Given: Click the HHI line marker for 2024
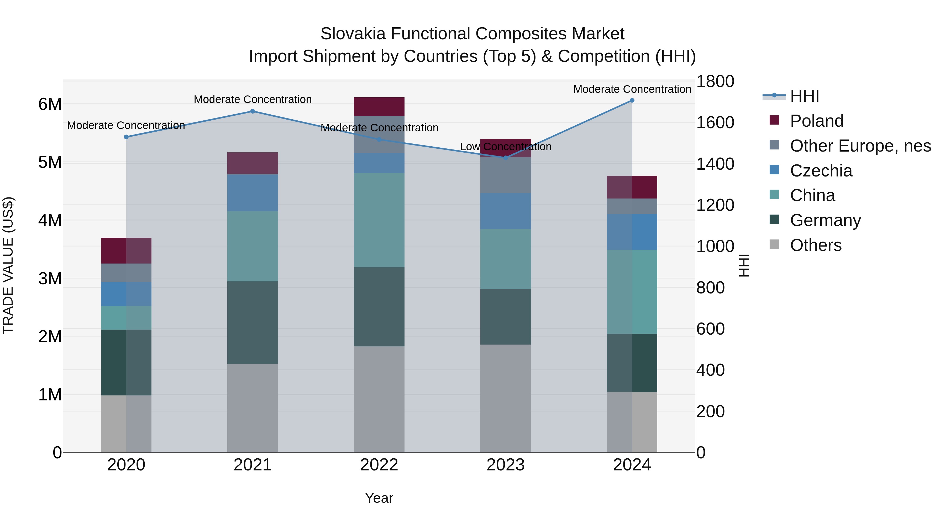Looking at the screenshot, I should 632,100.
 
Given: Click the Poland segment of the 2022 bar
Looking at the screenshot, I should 379,107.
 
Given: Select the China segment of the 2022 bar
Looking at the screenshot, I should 379,220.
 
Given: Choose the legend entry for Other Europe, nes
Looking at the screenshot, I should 860,146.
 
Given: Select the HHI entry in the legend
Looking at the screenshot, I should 804,96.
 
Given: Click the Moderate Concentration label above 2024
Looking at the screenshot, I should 632,89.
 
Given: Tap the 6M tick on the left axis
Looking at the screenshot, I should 50,104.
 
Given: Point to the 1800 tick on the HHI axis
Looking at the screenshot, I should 715,81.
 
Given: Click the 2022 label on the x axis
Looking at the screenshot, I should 379,465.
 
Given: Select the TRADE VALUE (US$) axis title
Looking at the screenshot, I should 8,265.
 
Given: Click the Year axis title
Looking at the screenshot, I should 379,498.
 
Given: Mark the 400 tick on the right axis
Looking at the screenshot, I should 710,370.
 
